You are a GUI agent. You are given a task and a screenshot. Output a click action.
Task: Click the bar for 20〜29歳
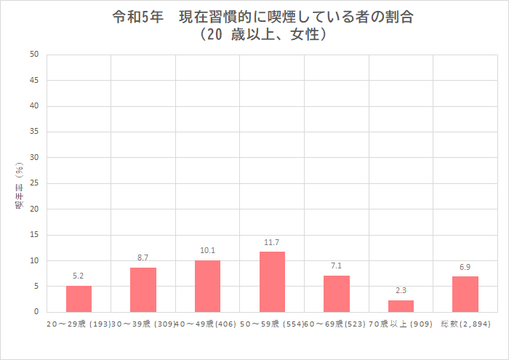tap(79, 299)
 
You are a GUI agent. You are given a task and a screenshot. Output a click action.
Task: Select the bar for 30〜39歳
tap(143, 289)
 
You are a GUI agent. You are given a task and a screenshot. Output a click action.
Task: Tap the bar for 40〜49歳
tap(207, 286)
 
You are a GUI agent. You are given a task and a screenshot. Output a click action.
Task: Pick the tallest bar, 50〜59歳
tap(272, 282)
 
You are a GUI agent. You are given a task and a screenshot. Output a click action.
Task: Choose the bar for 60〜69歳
tap(337, 294)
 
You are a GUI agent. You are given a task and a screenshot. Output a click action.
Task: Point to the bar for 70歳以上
tap(401, 306)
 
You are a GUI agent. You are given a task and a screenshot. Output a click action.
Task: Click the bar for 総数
tap(465, 295)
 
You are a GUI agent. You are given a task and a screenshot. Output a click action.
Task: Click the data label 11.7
tap(272, 242)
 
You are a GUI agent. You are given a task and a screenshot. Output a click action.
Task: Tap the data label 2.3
tap(401, 290)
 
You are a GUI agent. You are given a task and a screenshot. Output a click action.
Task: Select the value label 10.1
tap(207, 250)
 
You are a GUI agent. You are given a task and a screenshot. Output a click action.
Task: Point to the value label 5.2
tap(79, 276)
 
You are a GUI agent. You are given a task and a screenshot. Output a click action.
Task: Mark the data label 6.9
tap(465, 267)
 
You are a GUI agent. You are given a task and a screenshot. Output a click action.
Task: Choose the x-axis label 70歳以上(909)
tap(401, 322)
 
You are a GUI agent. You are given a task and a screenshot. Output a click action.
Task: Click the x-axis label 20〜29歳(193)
tap(79, 322)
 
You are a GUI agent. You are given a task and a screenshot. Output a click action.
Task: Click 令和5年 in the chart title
tap(133, 17)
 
